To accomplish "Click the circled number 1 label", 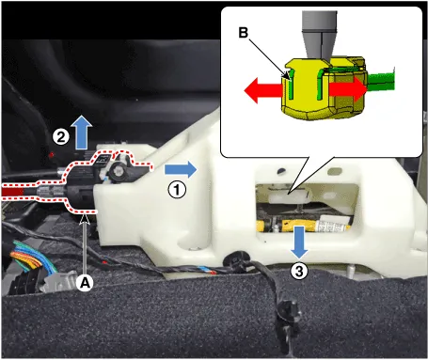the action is point(177,190).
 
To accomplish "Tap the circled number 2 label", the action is point(60,137).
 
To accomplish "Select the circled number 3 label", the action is point(299,271).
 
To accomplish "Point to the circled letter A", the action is point(85,283).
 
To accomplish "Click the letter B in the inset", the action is point(244,33).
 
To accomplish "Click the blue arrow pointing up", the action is point(82,132).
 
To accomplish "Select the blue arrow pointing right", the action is point(181,169).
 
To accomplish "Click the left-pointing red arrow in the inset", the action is point(263,91).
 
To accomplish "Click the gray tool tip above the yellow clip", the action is point(319,35).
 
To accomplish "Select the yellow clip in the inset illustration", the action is point(325,88).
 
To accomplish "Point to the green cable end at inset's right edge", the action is point(381,82).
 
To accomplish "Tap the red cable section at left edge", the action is point(12,192).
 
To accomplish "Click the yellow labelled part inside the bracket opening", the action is point(304,226).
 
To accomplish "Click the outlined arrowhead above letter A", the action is point(85,218).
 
